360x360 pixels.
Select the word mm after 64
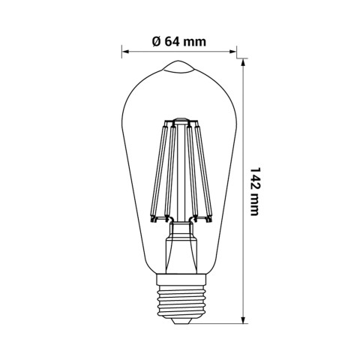coord(194,40)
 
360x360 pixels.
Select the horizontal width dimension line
coord(180,52)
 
